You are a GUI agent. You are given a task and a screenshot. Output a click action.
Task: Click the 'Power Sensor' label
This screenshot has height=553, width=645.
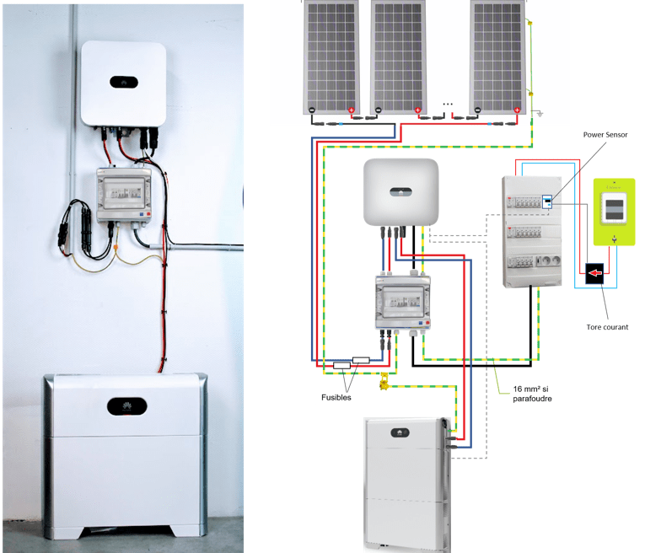point(605,134)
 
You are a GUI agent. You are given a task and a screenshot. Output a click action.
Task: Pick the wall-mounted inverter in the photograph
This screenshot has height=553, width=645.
point(122,83)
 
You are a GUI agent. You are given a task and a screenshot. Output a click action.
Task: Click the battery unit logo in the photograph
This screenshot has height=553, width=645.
point(124,405)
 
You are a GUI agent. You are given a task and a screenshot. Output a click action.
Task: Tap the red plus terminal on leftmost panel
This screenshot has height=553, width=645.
point(352,110)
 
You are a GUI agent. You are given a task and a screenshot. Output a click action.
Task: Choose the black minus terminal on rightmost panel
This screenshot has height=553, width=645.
point(478,110)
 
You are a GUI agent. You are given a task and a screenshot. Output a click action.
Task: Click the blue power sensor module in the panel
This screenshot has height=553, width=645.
point(547,201)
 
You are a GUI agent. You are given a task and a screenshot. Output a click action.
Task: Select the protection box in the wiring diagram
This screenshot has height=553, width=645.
point(402,303)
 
